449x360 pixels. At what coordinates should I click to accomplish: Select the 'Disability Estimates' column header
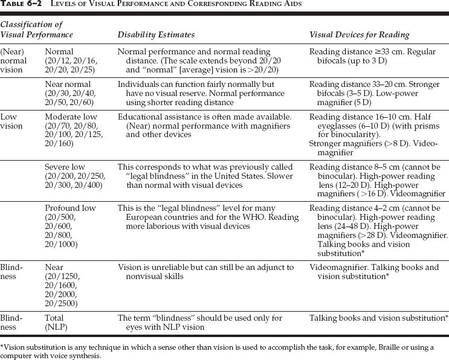pos(156,35)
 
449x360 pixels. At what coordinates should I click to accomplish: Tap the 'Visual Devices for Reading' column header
pos(359,35)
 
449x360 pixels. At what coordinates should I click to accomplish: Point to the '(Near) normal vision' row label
pos(13,61)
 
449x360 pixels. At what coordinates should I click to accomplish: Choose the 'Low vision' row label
pos(11,121)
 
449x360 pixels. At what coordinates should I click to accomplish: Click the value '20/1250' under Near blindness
pos(63,276)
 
